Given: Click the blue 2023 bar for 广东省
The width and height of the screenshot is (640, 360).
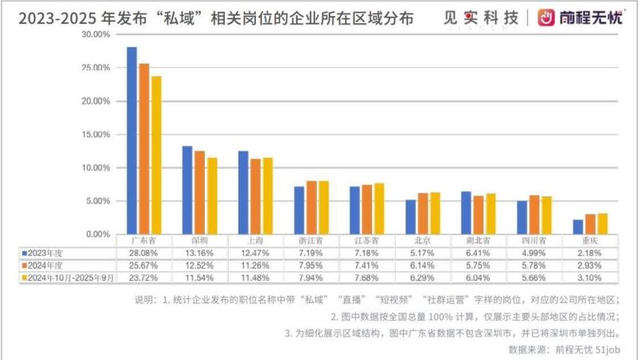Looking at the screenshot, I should (x=132, y=140).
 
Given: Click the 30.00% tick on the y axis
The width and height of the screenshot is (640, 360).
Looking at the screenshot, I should (x=95, y=35).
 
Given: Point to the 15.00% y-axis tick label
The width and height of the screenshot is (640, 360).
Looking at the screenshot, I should (x=95, y=135).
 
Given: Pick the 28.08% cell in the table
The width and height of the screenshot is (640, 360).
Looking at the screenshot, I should (x=142, y=253).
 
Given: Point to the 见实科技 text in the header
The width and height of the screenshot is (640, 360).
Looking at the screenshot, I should (x=479, y=17).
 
